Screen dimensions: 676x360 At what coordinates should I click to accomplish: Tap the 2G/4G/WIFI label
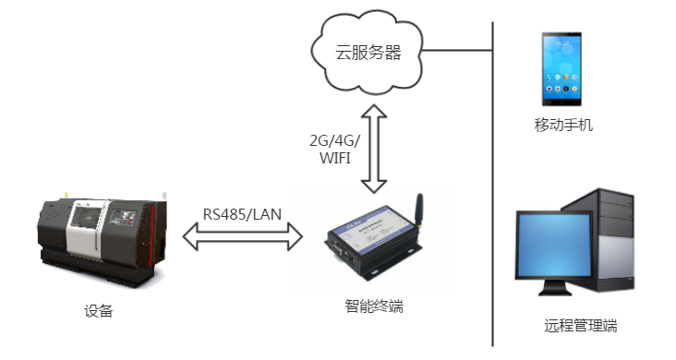tap(334, 150)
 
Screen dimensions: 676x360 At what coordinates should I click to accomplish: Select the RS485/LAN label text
tap(242, 214)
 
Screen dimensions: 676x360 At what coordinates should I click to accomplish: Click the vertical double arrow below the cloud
tap(374, 149)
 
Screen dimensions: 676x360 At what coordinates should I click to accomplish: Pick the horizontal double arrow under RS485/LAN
tap(243, 236)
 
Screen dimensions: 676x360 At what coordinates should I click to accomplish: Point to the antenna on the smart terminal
tap(418, 210)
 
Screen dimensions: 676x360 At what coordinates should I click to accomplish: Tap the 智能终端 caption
tap(374, 306)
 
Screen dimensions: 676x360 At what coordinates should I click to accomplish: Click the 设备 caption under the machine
tap(99, 311)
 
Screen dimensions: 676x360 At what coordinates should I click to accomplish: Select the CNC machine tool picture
tap(102, 240)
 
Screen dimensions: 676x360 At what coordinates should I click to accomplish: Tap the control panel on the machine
tap(123, 216)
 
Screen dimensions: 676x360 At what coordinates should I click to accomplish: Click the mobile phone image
tap(561, 68)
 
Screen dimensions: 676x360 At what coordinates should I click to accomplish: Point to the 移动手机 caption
tap(563, 125)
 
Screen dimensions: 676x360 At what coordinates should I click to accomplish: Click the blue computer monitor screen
tap(554, 245)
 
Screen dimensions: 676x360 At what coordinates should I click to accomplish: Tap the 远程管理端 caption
tap(580, 326)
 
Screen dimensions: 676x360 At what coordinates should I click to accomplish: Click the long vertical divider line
tap(493, 184)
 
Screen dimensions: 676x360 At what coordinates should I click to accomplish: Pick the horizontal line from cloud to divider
tap(457, 50)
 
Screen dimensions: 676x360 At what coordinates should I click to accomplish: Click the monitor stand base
tap(555, 292)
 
